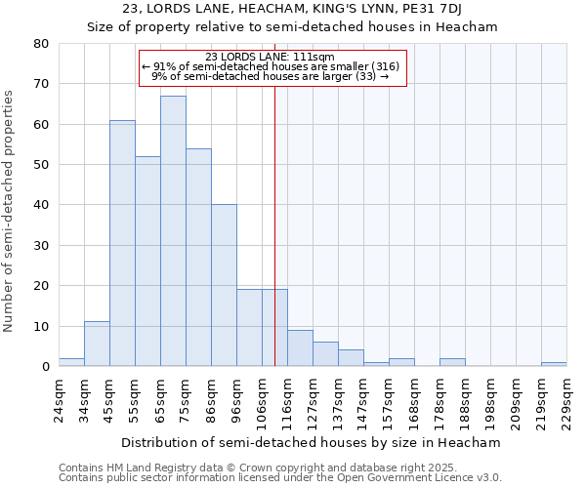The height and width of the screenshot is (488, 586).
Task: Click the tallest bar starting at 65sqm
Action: [x=173, y=231]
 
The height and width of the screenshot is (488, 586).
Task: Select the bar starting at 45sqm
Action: [x=122, y=243]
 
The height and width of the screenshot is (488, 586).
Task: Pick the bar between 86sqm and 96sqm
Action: [x=224, y=285]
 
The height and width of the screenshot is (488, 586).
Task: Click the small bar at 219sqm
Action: [x=554, y=364]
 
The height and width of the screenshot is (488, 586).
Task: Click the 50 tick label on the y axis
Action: [x=41, y=165]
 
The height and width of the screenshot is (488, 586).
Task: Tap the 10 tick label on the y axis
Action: [x=41, y=326]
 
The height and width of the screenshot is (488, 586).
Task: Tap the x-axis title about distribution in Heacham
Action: [x=312, y=442]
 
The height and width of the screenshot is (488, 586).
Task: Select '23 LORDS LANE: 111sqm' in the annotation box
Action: [x=272, y=57]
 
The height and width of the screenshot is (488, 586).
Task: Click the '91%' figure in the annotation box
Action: [x=164, y=66]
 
